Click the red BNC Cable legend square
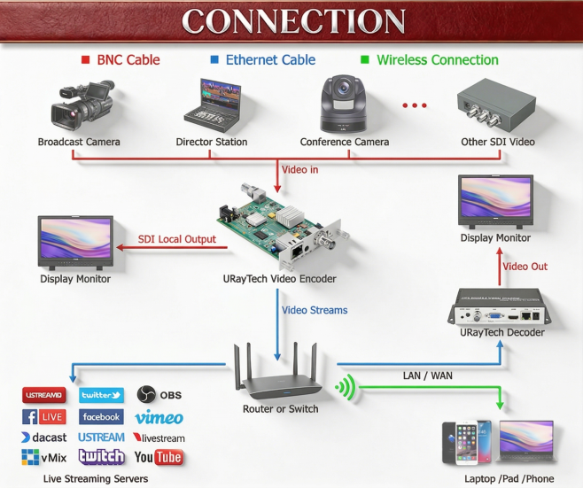pos(85,60)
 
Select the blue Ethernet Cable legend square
pos(214,60)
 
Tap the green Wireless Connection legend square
pos(365,60)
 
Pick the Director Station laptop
pos(212,104)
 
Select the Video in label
pos(299,169)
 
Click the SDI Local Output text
pos(177,239)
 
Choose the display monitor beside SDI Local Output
pos(75,241)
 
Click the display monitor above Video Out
pos(495,201)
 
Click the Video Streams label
pos(315,310)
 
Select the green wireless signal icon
pos(346,387)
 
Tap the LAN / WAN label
pos(427,376)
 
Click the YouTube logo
pos(159,457)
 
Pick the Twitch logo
pos(101,457)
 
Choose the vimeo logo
pos(159,417)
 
